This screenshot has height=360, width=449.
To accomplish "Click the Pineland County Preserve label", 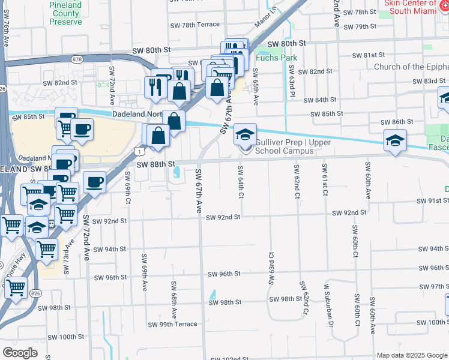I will click(66, 13).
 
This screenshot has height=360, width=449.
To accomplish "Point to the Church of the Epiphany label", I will click(411, 67).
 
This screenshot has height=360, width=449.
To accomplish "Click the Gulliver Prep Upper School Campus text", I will click(284, 146).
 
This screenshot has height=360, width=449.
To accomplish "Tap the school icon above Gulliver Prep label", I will click(245, 134).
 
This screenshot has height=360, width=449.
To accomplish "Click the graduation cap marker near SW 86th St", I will click(395, 141).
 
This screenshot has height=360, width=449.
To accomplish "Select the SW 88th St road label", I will click(155, 164).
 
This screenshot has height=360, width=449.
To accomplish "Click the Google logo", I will click(20, 353).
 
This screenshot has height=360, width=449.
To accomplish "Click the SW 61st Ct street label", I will click(325, 179).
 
